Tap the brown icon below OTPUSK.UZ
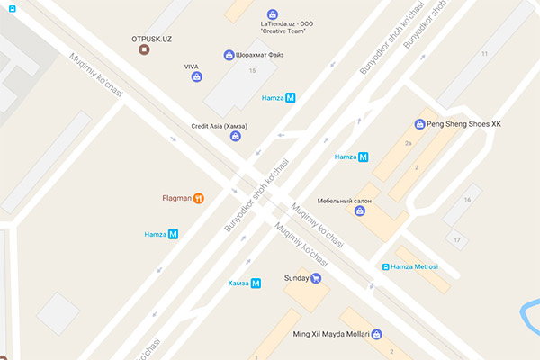coord(144,51)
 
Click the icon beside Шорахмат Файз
coord(229,56)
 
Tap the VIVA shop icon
coord(196,77)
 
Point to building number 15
coord(252,70)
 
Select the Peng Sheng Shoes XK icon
coord(419,124)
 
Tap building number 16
coord(466,199)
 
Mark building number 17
coord(458,239)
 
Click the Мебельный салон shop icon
coord(360,211)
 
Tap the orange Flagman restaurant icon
coord(198,199)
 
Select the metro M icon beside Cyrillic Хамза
coord(256,283)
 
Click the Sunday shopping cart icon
coord(316,278)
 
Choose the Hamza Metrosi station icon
coord(385,266)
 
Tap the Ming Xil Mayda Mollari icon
coord(377,334)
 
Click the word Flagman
coord(175,199)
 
